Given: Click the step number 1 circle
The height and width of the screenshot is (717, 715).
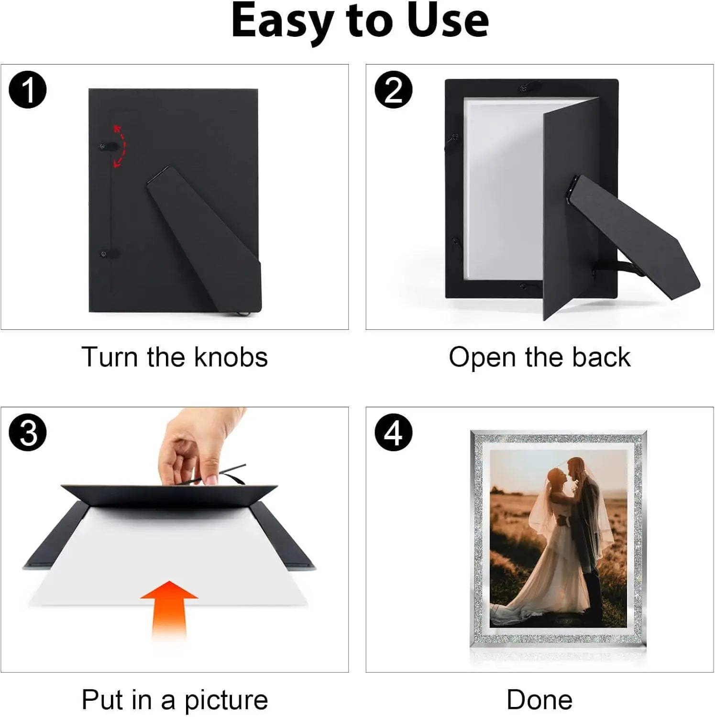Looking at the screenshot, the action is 28,90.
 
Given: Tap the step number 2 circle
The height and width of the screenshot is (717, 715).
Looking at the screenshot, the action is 393,90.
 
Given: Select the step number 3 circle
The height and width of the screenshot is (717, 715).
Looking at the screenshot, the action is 28,433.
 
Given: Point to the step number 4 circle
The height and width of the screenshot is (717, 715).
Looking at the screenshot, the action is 393,433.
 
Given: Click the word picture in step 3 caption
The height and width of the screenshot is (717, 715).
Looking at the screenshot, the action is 226,701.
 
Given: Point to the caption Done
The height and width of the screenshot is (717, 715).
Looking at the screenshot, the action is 539,700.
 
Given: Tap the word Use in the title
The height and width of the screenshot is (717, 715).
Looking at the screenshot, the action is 448,21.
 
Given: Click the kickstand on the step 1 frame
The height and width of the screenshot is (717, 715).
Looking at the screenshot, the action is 205,239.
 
